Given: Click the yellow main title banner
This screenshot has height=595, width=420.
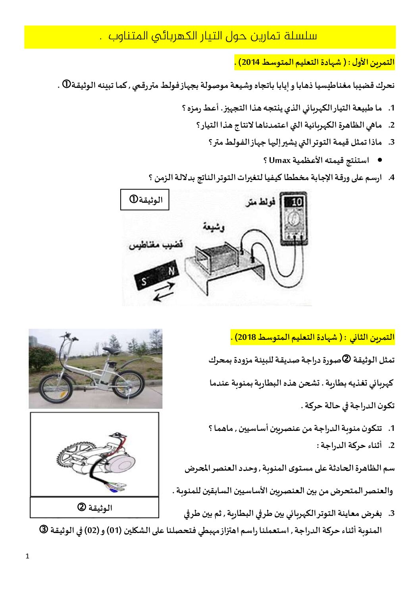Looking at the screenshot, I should (x=210, y=37).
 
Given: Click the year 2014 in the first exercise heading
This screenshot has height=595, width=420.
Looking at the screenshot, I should (x=250, y=62).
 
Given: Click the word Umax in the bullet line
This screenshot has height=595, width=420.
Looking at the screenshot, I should (x=279, y=161).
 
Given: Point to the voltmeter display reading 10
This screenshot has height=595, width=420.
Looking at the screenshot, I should (x=296, y=202).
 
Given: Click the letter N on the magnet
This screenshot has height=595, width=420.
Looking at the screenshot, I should (x=171, y=271).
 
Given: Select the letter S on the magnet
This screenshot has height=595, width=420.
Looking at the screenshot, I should (x=144, y=282).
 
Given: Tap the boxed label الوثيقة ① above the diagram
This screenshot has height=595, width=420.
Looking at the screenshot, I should (x=145, y=200).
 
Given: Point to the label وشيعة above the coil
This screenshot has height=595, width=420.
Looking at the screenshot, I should (x=213, y=227).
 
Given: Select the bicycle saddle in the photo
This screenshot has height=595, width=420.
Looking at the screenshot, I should (x=111, y=350).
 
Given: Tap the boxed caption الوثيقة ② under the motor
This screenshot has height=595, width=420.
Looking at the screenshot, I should (x=94, y=508).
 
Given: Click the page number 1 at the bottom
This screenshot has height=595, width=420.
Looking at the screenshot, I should (x=27, y=556).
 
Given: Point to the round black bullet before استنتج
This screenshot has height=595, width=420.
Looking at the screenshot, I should (x=380, y=160).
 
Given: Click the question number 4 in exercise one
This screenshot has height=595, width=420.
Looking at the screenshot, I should (x=391, y=178).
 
